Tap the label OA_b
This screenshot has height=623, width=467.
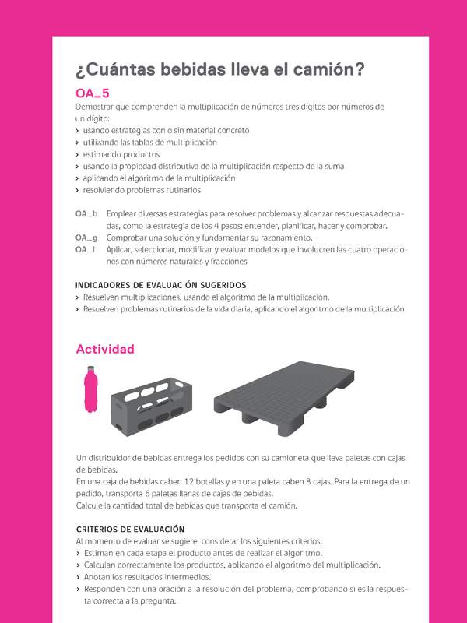click(x=86, y=214)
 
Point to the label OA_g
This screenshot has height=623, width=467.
click(x=86, y=238)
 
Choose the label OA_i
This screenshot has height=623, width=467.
click(x=85, y=249)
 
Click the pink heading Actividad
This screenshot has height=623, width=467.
click(x=105, y=349)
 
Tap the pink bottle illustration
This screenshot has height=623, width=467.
click(x=90, y=393)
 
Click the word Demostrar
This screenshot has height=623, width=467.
click(x=93, y=106)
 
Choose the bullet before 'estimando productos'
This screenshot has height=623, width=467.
click(x=77, y=154)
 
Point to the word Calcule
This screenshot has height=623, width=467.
click(x=90, y=505)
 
